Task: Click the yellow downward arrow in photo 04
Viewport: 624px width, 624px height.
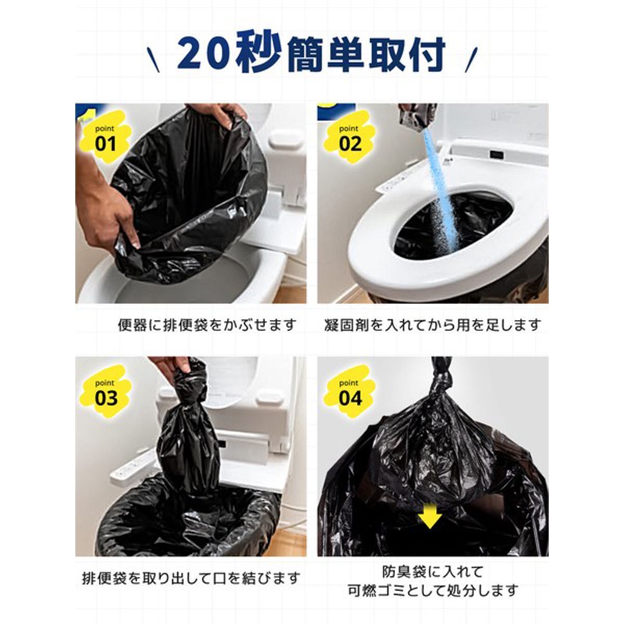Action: tap(431, 518)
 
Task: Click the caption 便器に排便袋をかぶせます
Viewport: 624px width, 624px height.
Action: tap(207, 326)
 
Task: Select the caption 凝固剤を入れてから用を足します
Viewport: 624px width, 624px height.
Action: tap(432, 326)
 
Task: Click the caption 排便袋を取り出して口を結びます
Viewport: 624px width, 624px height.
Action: tap(191, 578)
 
